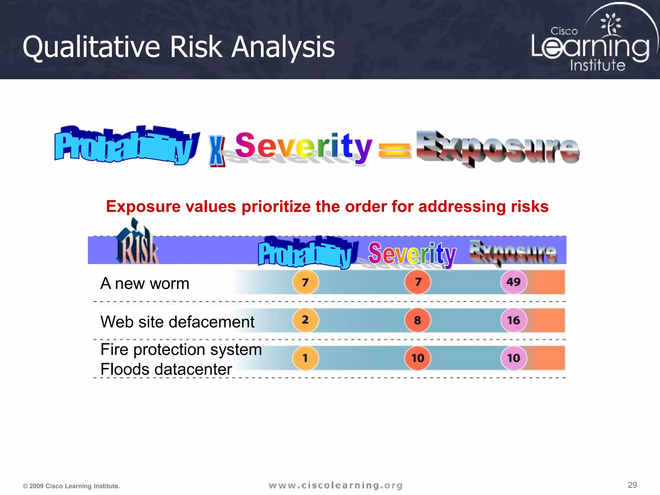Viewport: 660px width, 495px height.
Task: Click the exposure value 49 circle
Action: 514,282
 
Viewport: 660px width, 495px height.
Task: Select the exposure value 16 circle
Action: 514,320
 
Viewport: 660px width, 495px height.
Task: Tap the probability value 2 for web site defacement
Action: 305,320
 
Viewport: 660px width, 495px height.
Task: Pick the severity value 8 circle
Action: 418,320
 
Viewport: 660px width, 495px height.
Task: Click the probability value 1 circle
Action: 305,358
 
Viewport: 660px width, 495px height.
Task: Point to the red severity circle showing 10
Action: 418,358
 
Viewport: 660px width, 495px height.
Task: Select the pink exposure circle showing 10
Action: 514,358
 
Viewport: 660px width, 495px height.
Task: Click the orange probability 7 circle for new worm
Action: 305,282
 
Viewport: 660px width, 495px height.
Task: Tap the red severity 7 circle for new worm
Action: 418,282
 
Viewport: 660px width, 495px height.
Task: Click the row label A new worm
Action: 145,284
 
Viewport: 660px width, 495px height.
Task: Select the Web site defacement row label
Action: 177,322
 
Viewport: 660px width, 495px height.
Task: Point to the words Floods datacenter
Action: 166,369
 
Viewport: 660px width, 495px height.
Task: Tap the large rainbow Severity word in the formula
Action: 303,147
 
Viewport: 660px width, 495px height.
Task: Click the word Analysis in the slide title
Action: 283,47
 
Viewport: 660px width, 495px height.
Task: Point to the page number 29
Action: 632,485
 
